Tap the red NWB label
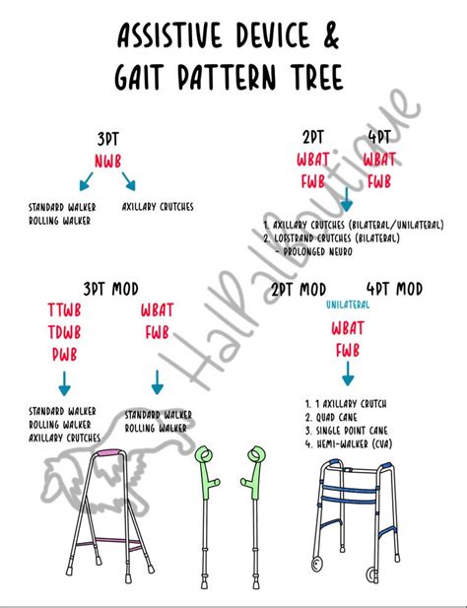pyautogui.click(x=109, y=160)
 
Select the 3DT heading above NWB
pyautogui.click(x=109, y=139)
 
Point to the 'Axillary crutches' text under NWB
pyautogui.click(x=158, y=207)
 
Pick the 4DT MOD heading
pyautogui.click(x=394, y=289)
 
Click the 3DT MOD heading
pyautogui.click(x=111, y=289)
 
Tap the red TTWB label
pyautogui.click(x=62, y=310)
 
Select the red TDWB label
pyautogui.click(x=62, y=332)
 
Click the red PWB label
pyautogui.click(x=62, y=354)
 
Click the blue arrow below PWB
pyautogui.click(x=63, y=382)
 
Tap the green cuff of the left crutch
pyautogui.click(x=205, y=459)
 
